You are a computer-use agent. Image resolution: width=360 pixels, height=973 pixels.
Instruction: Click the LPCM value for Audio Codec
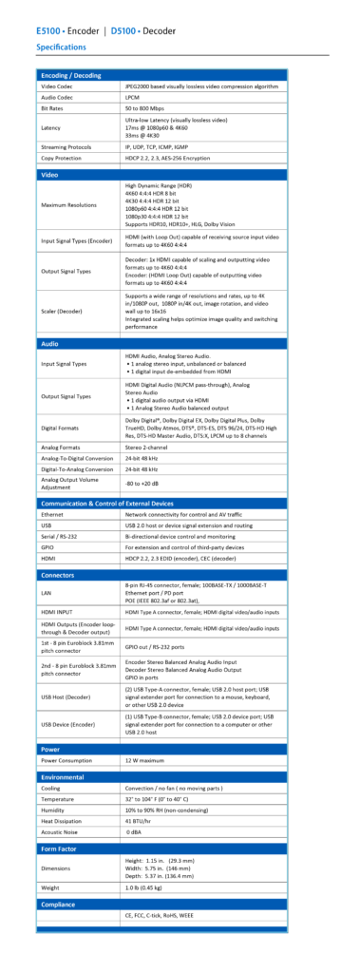(x=134, y=97)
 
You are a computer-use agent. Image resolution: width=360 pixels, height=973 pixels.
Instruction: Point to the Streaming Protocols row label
(x=68, y=147)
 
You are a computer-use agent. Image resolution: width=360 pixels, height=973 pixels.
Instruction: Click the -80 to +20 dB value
(x=148, y=483)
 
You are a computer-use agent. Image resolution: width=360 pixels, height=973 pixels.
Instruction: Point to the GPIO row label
(x=48, y=545)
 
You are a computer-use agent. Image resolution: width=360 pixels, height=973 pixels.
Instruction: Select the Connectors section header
(x=59, y=574)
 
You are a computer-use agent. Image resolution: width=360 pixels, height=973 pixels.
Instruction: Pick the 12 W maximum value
(x=146, y=760)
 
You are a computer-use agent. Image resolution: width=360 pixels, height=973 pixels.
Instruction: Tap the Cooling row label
(x=52, y=788)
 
